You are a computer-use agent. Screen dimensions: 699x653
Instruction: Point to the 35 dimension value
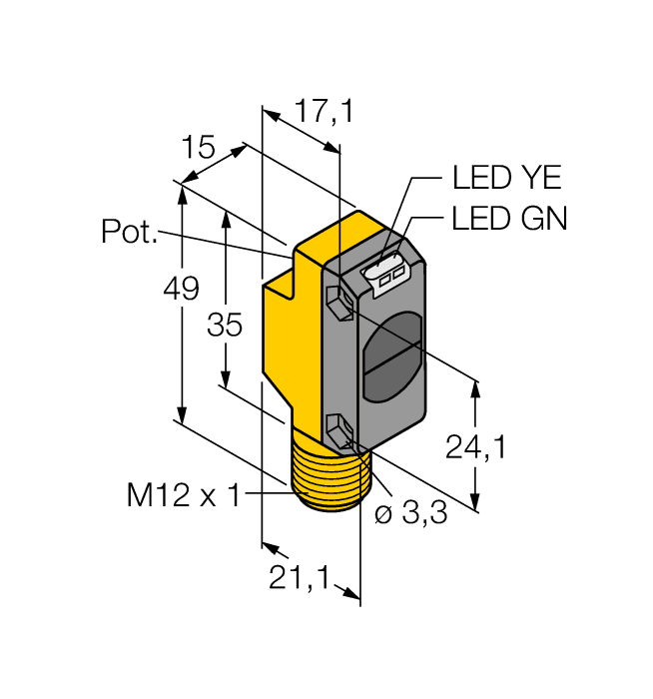coord(226,325)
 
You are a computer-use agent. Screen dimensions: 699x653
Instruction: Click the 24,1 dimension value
coord(476,447)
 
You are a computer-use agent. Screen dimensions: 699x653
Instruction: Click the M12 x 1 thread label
coord(184,494)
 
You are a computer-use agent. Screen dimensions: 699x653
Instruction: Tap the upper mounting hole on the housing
coord(337,298)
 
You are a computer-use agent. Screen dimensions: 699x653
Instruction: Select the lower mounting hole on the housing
coord(337,427)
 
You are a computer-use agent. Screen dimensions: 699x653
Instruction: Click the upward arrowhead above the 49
coord(183,192)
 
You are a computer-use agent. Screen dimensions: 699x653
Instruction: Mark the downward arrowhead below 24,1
coord(476,504)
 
